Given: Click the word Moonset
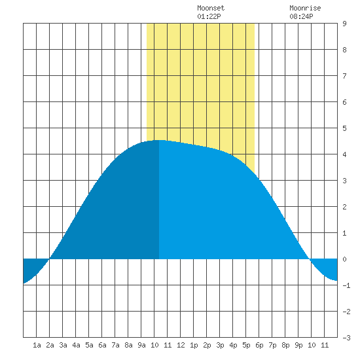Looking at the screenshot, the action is pyautogui.click(x=211, y=8).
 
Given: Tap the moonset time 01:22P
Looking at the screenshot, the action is pyautogui.click(x=209, y=16).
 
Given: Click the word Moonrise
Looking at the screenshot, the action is pyautogui.click(x=305, y=8).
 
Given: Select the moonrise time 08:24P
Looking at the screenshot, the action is pyautogui.click(x=301, y=16).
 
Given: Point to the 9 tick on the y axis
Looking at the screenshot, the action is pyautogui.click(x=344, y=24).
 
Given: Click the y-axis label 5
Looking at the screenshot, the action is pyautogui.click(x=344, y=128).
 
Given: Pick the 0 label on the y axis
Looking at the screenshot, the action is pyautogui.click(x=344, y=259).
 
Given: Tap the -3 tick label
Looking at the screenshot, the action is pyautogui.click(x=346, y=338).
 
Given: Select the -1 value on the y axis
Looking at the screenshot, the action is pyautogui.click(x=346, y=285).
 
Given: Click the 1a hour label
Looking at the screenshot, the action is pyautogui.click(x=37, y=345).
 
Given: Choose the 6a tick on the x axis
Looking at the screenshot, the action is pyautogui.click(x=102, y=345).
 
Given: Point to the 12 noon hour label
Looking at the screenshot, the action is pyautogui.click(x=181, y=345).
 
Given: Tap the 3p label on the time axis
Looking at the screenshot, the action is pyautogui.click(x=220, y=345).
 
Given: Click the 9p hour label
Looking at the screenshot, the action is pyautogui.click(x=298, y=345).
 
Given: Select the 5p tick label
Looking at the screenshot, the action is pyautogui.click(x=246, y=345).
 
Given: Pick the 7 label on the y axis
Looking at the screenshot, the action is pyautogui.click(x=344, y=76).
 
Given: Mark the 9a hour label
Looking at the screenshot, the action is pyautogui.click(x=141, y=345).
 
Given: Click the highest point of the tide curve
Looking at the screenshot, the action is pyautogui.click(x=159, y=140).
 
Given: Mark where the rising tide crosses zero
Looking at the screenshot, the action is pyautogui.click(x=49, y=259).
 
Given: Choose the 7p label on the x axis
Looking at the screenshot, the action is pyautogui.click(x=272, y=345).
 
